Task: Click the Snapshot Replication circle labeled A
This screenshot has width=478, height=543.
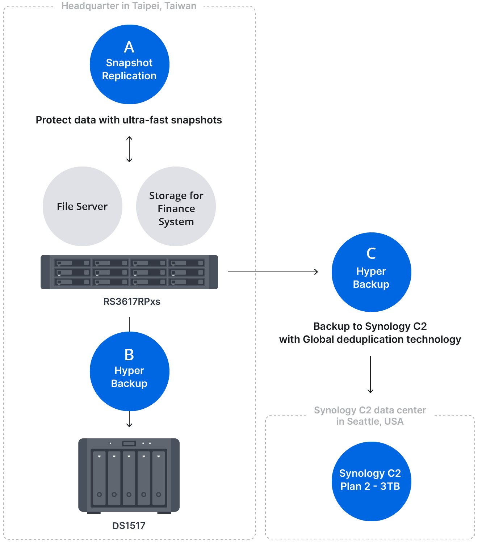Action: pyautogui.click(x=129, y=64)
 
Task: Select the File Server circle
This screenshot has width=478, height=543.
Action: pyautogui.click(x=83, y=206)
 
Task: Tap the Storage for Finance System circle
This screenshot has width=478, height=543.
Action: pyautogui.click(x=176, y=206)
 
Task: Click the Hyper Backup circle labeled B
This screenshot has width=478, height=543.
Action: pyautogui.click(x=129, y=371)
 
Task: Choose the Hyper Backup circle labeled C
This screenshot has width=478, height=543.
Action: pyautogui.click(x=371, y=272)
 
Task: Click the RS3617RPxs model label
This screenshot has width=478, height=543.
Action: pyautogui.click(x=132, y=302)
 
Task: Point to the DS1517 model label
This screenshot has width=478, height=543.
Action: pyautogui.click(x=129, y=526)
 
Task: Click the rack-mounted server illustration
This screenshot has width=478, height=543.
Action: pyautogui.click(x=129, y=272)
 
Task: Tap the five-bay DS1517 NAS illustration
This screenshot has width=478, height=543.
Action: pyautogui.click(x=129, y=475)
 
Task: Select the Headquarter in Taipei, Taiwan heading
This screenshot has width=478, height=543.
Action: pyautogui.click(x=129, y=6)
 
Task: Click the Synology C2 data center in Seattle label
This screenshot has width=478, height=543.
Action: pyautogui.click(x=370, y=416)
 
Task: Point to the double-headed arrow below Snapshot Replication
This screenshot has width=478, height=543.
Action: pyautogui.click(x=129, y=149)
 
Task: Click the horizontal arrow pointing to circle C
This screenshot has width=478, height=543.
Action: pyautogui.click(x=273, y=271)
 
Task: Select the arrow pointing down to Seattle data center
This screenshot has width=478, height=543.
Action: pyautogui.click(x=370, y=375)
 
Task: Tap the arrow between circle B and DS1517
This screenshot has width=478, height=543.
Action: pyautogui.click(x=129, y=420)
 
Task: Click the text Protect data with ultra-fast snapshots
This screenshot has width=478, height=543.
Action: pyautogui.click(x=129, y=120)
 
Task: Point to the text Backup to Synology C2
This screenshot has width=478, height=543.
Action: pyautogui.click(x=370, y=327)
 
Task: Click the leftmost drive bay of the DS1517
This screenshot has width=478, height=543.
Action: pyautogui.click(x=99, y=478)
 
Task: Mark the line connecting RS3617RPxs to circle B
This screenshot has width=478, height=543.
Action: pyautogui.click(x=129, y=324)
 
